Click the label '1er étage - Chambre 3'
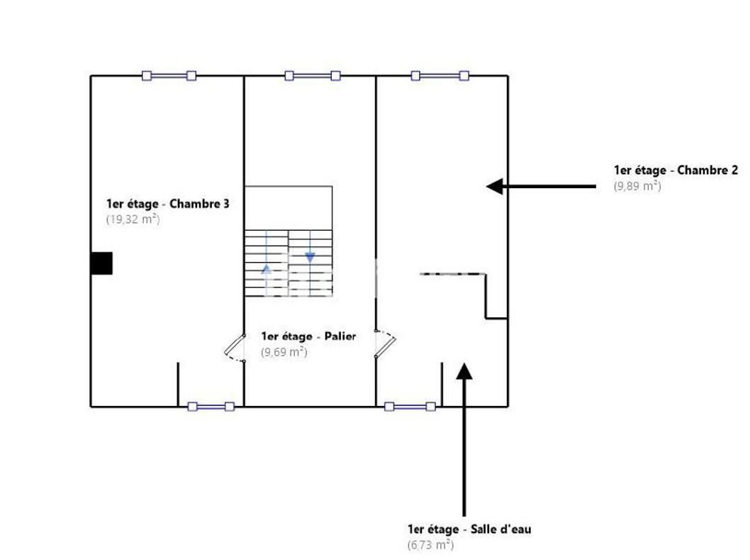(x=167, y=204)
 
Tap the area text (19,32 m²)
(x=133, y=219)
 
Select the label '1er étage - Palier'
(x=308, y=336)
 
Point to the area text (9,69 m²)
(x=284, y=352)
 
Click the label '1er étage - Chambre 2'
(x=676, y=170)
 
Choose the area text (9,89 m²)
(x=637, y=186)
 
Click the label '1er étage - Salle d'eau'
(x=469, y=529)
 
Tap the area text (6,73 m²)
(x=430, y=545)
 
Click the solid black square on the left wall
(x=101, y=263)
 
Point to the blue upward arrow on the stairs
(x=266, y=269)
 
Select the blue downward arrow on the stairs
(x=310, y=257)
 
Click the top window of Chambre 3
(x=169, y=75)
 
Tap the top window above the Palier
(x=313, y=75)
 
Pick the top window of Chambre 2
(x=440, y=75)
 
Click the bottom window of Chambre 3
(x=211, y=407)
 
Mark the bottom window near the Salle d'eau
(x=410, y=407)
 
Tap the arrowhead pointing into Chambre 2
(x=495, y=186)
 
